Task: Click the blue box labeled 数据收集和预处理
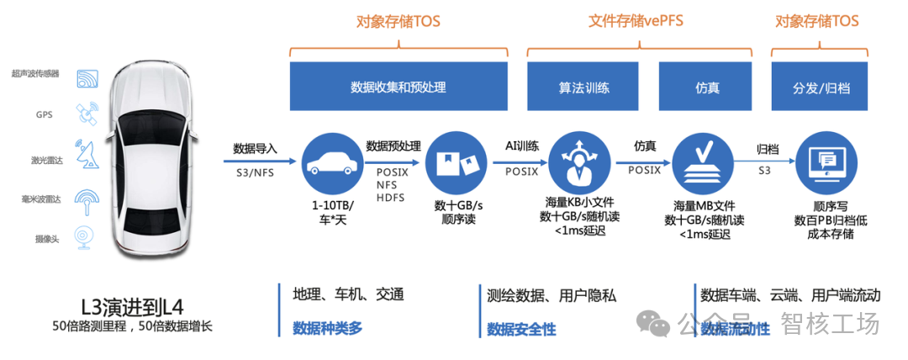tap(398, 87)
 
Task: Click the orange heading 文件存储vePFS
tap(635, 21)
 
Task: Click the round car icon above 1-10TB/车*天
tap(328, 161)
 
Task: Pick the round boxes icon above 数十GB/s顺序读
tap(455, 161)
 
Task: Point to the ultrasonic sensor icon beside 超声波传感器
tap(87, 79)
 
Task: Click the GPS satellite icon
tap(87, 113)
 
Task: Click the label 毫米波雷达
tap(39, 199)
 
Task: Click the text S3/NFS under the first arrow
tap(255, 172)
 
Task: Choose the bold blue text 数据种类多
tap(327, 328)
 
